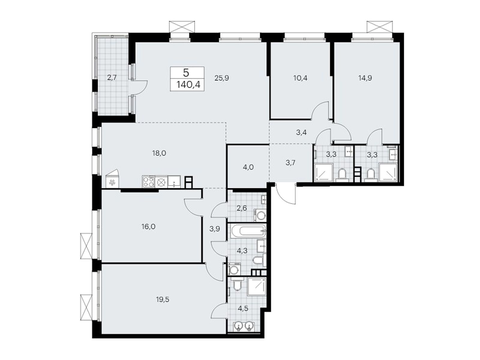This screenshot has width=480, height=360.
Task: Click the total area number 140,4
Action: pyautogui.click(x=188, y=85)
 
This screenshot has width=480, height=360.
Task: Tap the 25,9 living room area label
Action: pyautogui.click(x=222, y=78)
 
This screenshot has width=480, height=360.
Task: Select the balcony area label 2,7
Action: pyautogui.click(x=112, y=78)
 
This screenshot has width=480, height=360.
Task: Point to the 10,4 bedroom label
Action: pyautogui.click(x=300, y=78)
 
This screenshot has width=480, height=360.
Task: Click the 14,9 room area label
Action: pyautogui.click(x=365, y=78)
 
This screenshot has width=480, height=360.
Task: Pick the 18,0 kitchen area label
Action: pyautogui.click(x=159, y=154)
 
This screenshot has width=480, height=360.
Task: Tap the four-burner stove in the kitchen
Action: pyautogui.click(x=148, y=182)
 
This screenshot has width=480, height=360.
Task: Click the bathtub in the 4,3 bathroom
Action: pyautogui.click(x=248, y=231)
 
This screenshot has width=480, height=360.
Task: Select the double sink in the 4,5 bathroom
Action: pyautogui.click(x=243, y=326)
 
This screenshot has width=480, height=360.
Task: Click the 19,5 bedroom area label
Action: pyautogui.click(x=163, y=299)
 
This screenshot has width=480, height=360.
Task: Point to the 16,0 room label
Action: pyautogui.click(x=148, y=227)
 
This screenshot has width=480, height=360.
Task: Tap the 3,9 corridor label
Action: pyautogui.click(x=215, y=229)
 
